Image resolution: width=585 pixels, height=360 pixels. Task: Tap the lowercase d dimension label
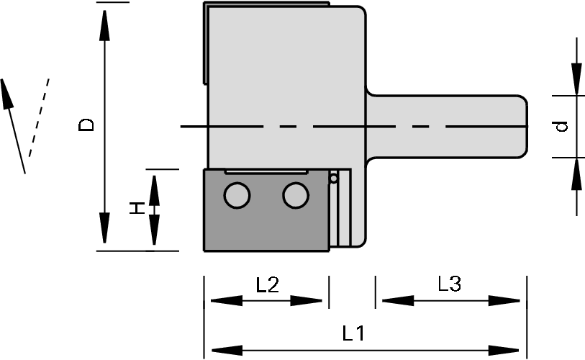(563, 126)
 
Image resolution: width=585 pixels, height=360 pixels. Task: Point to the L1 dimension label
(353, 334)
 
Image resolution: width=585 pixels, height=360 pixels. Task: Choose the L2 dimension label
(268, 285)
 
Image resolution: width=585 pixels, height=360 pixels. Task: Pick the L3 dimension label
(450, 285)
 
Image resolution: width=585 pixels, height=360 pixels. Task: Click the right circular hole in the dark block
(295, 195)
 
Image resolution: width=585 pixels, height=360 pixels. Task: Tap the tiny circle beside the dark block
(334, 178)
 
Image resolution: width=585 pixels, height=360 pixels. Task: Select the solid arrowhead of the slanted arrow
(7, 91)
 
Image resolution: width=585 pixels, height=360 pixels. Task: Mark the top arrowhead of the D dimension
(105, 26)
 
